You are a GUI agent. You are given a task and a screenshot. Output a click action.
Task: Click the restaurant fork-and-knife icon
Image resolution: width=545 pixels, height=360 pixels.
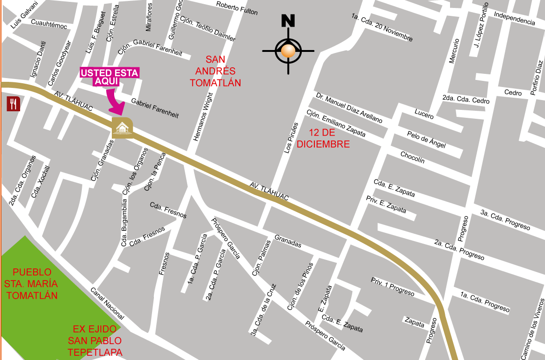coord(13,103)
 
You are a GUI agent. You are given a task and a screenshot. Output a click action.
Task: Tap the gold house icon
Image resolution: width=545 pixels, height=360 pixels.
coord(122,128)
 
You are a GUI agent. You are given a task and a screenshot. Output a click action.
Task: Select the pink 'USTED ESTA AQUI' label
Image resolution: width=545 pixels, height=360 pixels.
coord(110,77)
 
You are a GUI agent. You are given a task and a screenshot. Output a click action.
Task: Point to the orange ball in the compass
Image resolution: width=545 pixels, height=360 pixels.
coord(288,50)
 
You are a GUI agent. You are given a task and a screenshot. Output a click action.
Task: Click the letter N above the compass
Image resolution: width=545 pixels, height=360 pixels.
coord(288,21)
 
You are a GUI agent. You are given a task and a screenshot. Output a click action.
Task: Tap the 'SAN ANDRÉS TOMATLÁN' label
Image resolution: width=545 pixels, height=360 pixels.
coord(215,71)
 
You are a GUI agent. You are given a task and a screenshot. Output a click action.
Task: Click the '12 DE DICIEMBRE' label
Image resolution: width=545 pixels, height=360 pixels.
coord(323,138)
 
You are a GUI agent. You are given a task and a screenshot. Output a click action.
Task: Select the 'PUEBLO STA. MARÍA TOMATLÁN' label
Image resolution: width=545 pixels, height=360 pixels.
coord(32,284)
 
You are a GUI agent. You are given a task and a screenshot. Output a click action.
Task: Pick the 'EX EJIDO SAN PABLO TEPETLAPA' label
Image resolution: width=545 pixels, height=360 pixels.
coord(94,340)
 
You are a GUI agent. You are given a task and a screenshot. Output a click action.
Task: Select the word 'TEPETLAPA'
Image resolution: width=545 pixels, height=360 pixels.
coord(95,352)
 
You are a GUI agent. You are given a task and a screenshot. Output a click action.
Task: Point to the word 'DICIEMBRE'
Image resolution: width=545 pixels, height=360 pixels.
coord(323,144)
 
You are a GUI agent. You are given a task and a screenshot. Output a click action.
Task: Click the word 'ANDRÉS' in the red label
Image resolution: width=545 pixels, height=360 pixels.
coord(215,71)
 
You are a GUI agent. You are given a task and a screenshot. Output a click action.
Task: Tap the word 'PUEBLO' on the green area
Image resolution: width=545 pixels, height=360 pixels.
coord(32,272)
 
